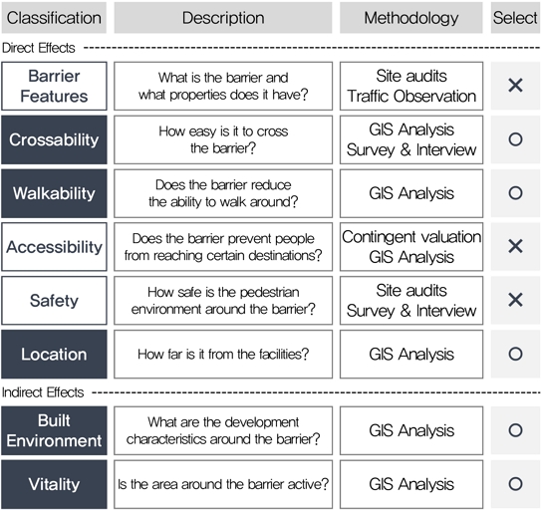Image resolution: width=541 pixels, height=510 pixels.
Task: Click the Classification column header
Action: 54,18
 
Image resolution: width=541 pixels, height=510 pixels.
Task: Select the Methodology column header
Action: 411,18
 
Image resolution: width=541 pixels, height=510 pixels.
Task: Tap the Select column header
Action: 515,18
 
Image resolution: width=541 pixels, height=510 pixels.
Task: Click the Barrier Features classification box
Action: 54,86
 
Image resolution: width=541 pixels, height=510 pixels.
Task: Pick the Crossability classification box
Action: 54,139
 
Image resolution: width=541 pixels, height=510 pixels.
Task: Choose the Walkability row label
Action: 54,193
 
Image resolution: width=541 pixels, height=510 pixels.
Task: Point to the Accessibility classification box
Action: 54,247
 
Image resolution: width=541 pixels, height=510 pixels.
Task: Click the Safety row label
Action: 54,300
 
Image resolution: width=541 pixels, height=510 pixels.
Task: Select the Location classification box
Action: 54,354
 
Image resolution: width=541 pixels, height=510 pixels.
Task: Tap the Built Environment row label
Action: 54,430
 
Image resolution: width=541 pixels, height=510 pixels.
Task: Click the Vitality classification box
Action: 54,484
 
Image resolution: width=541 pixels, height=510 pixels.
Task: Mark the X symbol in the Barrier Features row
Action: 515,86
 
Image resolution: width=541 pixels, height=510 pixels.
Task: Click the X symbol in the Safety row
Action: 515,300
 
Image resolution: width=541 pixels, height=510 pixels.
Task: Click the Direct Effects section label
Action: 38,48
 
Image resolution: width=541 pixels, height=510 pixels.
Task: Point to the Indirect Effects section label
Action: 43,392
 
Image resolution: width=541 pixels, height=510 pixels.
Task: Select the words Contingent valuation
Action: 411,237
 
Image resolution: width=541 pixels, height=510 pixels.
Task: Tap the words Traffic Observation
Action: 411,97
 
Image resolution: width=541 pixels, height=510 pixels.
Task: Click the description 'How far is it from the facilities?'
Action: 223,354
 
